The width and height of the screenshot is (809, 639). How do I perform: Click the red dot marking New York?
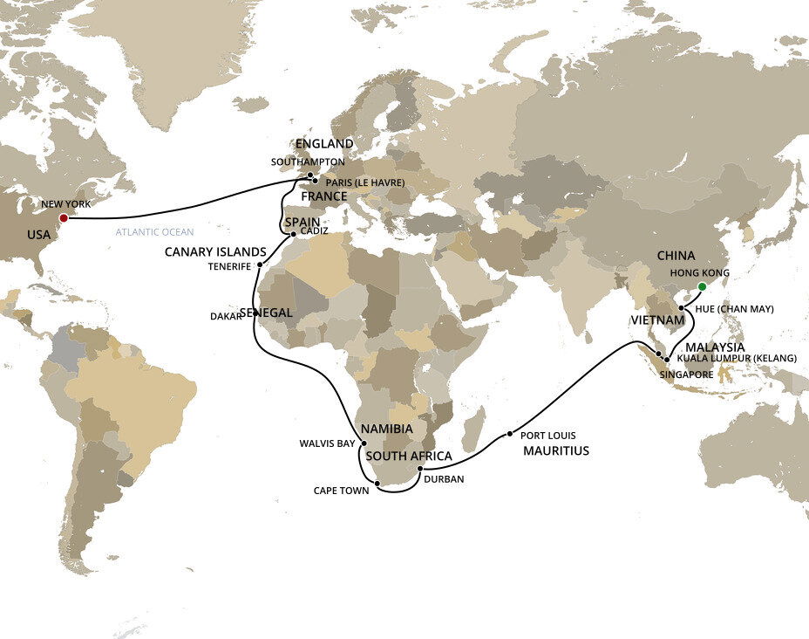coord(63,218)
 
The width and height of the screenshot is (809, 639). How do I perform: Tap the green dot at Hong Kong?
coord(703,285)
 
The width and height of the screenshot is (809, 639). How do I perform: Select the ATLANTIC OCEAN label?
coord(154,232)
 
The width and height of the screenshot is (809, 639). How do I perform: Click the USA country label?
coord(39,235)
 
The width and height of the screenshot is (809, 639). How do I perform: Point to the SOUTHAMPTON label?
coord(308,162)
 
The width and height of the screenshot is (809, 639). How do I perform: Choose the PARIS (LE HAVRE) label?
coord(364,182)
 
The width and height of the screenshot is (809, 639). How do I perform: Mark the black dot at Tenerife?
coord(260,264)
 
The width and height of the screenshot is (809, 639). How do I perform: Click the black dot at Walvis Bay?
coord(363,443)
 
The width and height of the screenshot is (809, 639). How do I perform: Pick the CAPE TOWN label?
coord(342,491)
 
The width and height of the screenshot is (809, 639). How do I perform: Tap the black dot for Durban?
coord(420,470)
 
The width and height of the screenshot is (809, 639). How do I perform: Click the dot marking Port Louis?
coord(509,434)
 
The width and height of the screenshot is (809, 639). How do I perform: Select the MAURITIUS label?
coord(556,451)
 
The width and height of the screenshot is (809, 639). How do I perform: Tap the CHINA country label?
coord(676,256)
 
